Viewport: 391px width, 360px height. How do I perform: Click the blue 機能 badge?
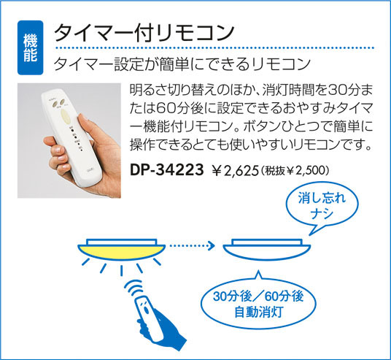(x=30, y=47)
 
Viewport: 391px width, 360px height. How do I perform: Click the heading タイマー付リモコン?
(x=144, y=33)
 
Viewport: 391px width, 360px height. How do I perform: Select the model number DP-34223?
(x=167, y=169)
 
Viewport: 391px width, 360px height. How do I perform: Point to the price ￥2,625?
(x=235, y=171)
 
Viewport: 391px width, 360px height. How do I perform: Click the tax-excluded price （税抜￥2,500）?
(x=295, y=171)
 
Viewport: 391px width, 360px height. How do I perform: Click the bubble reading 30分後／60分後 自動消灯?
(x=258, y=302)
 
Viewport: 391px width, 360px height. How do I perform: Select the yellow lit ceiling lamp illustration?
(x=121, y=250)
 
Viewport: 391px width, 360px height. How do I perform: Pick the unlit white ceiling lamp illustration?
(x=266, y=250)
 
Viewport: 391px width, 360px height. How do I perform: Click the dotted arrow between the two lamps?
(x=192, y=246)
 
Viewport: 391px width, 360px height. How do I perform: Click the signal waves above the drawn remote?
(x=134, y=288)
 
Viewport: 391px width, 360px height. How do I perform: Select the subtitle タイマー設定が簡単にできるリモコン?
(x=182, y=64)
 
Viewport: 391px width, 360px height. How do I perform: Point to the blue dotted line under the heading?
(x=214, y=47)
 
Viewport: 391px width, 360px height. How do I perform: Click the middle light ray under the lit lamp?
(x=121, y=271)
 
